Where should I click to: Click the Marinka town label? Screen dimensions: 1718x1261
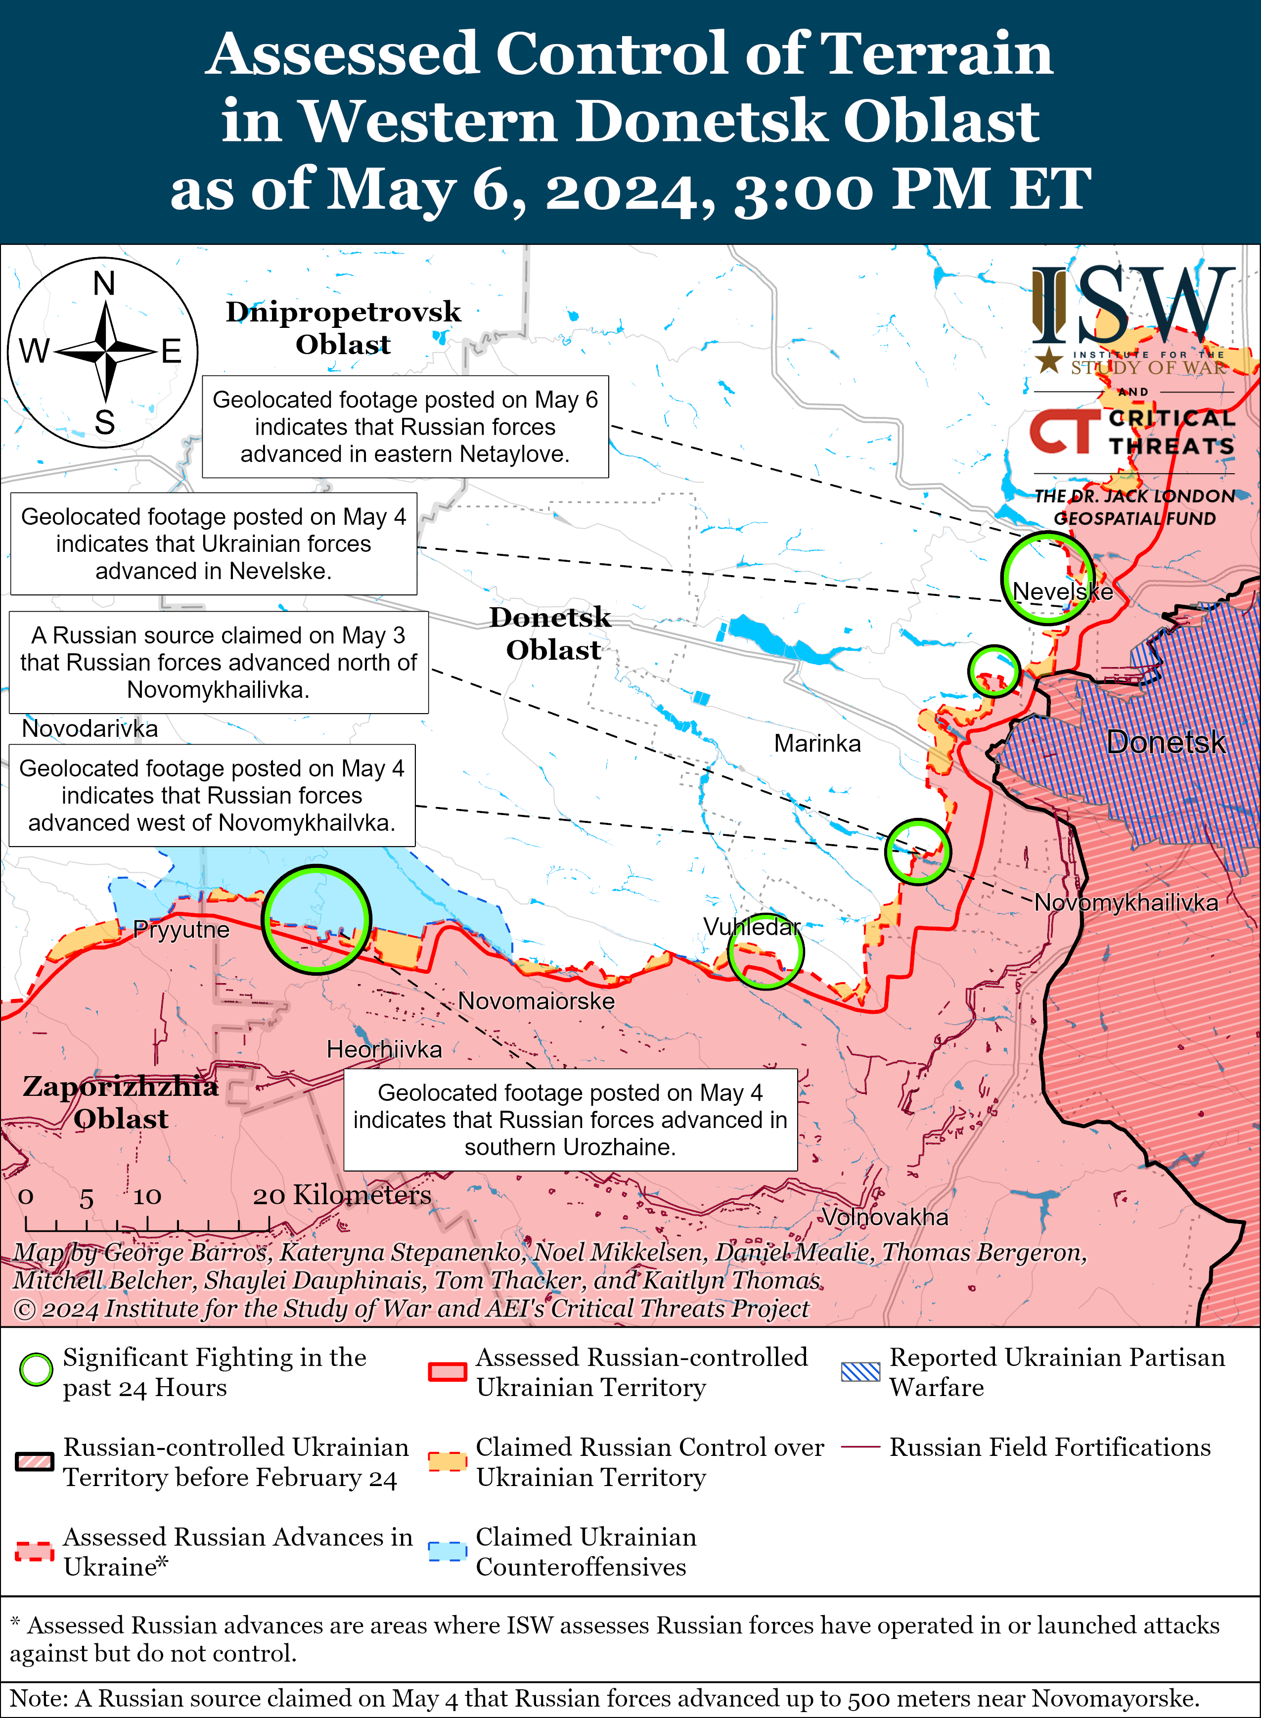[x=817, y=743]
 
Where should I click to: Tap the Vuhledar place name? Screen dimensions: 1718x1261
[x=752, y=927]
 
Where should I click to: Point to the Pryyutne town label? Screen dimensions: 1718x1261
[x=181, y=930]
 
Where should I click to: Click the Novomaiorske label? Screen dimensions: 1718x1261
[x=536, y=1000]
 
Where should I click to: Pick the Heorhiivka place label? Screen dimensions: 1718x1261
[x=384, y=1049]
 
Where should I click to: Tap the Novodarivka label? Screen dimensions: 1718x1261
[x=90, y=728]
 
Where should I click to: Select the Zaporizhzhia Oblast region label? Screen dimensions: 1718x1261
[x=121, y=1102]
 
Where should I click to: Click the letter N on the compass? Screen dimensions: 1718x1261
[x=104, y=284]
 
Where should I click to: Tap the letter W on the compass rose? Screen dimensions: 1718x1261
[x=34, y=352]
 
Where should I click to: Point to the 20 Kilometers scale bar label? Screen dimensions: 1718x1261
[x=342, y=1195]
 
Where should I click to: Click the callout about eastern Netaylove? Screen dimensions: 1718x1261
[x=405, y=427]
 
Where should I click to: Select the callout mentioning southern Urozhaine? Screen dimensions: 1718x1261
[x=570, y=1120]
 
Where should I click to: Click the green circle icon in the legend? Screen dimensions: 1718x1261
[x=36, y=1370]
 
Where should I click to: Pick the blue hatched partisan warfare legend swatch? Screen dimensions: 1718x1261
[x=860, y=1371]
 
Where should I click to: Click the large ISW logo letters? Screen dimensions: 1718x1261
[x=1133, y=305]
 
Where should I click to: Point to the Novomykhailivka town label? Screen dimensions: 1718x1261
[x=1126, y=903]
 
